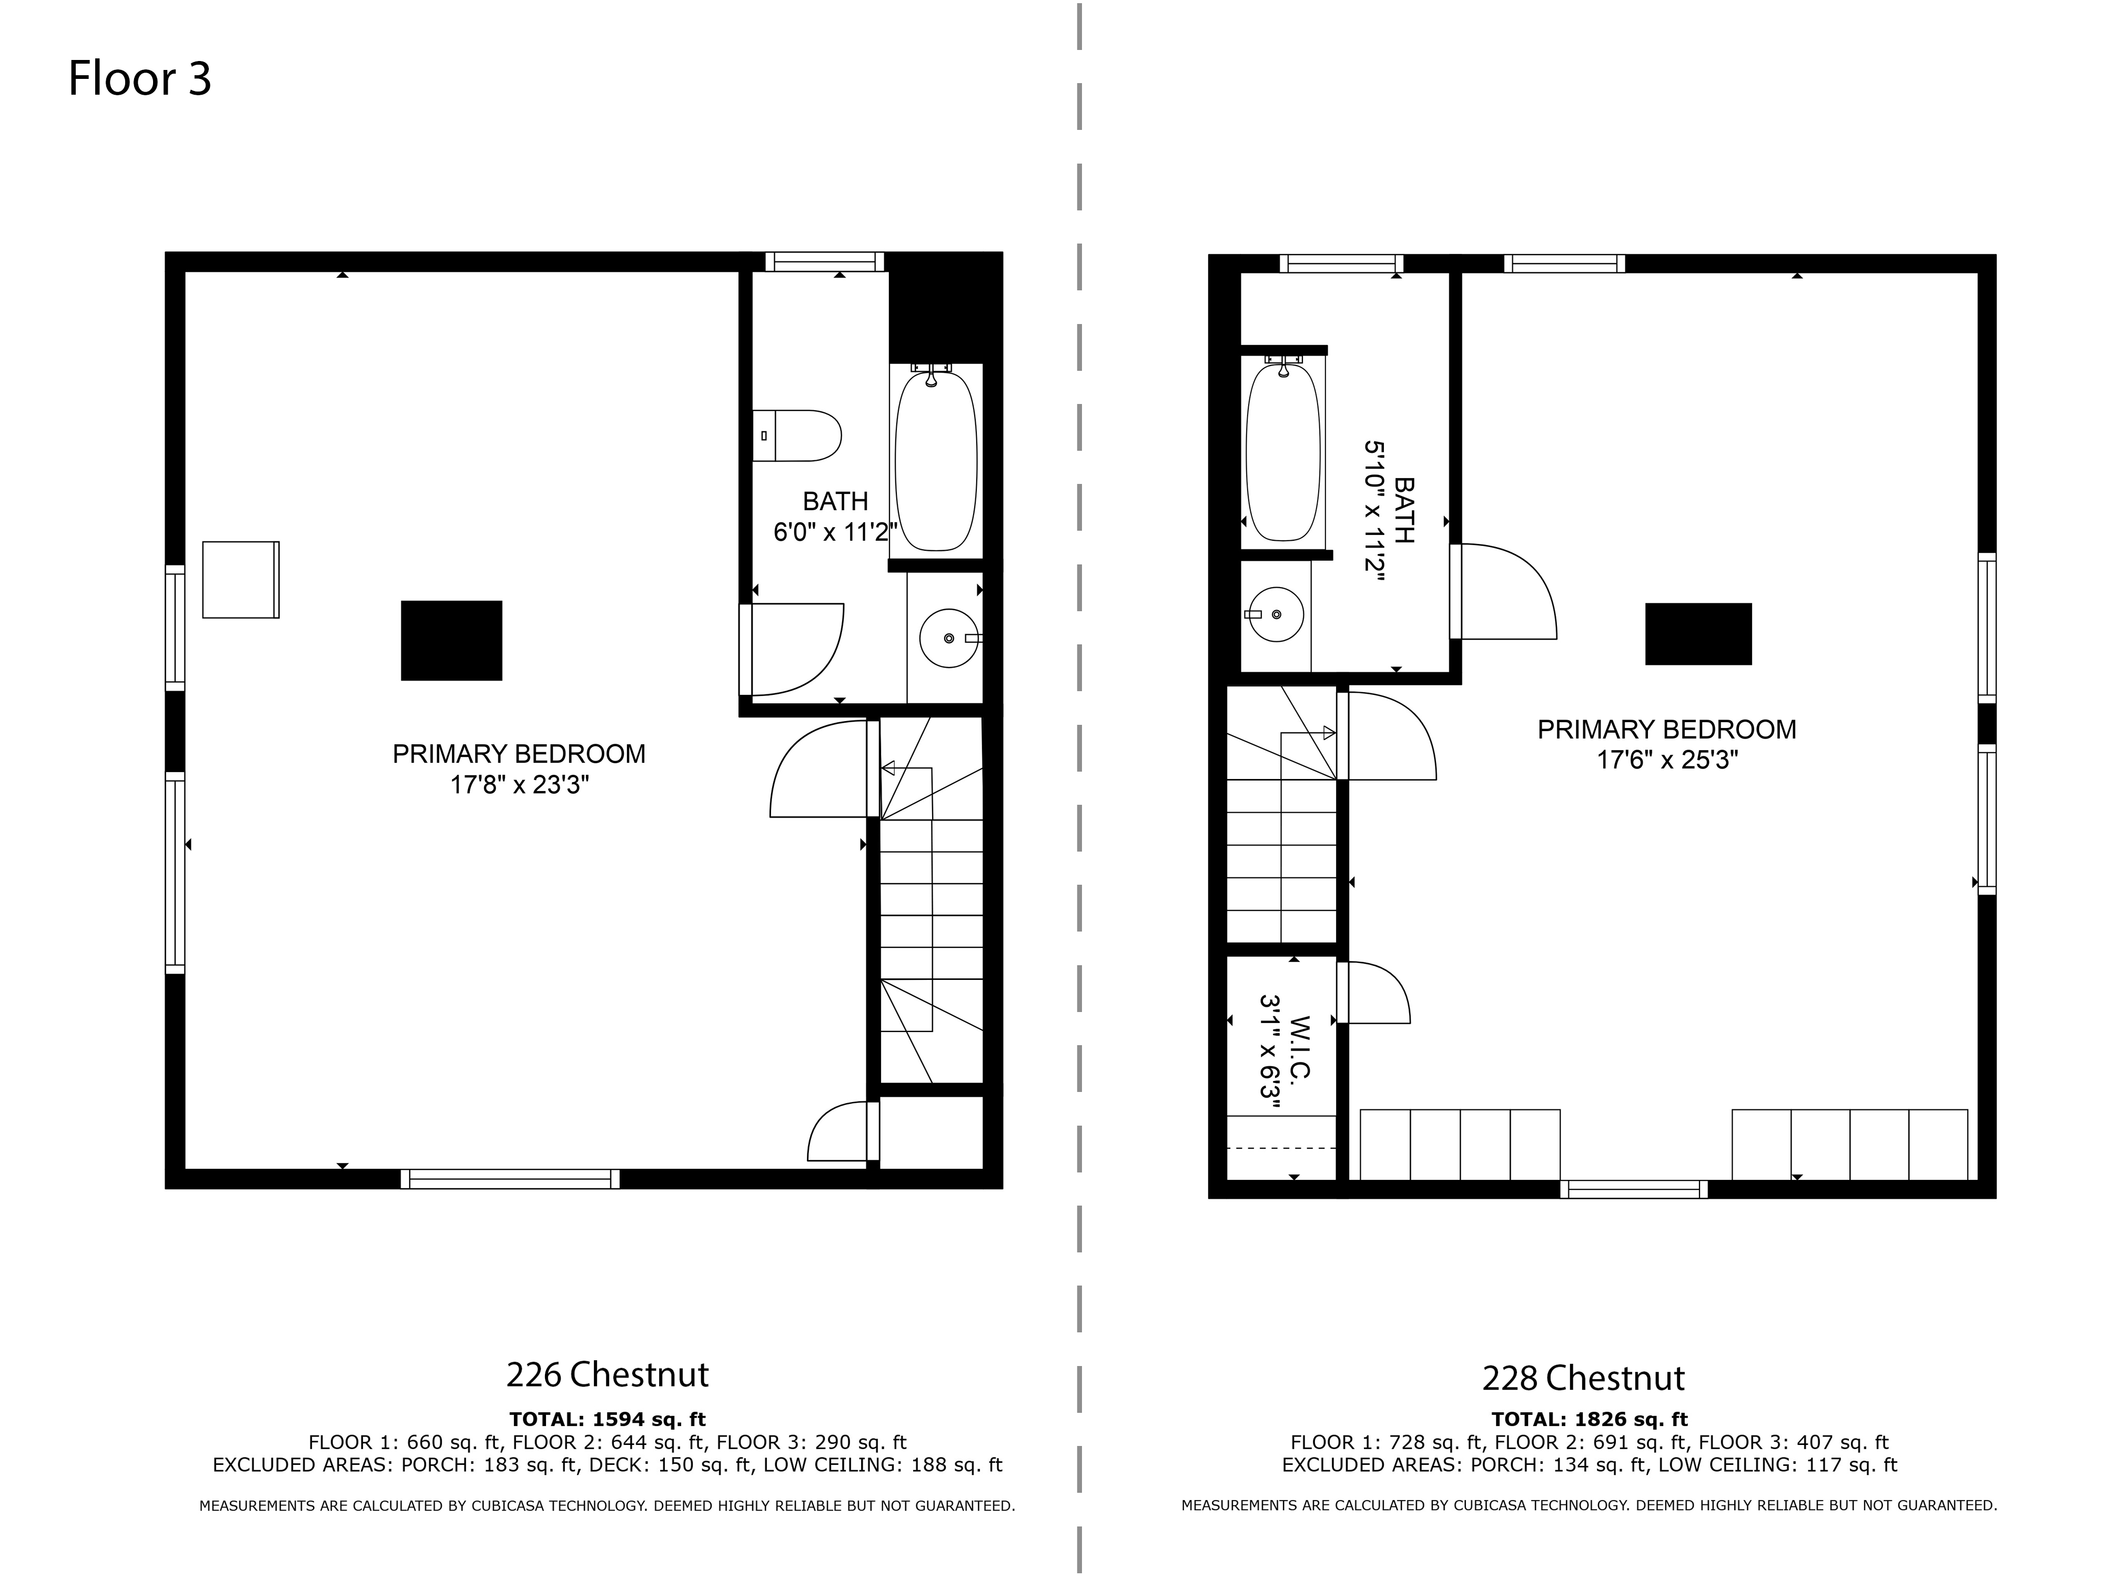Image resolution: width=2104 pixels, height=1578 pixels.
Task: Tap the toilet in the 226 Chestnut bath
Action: pyautogui.click(x=797, y=436)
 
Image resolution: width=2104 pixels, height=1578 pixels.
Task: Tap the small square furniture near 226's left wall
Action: pyautogui.click(x=241, y=579)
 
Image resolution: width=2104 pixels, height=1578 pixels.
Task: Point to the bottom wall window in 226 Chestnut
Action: pyautogui.click(x=510, y=1179)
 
